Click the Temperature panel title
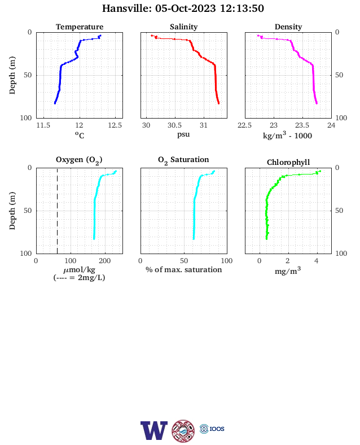click(80, 27)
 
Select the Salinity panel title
click(184, 27)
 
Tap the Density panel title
click(288, 27)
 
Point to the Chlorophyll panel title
click(288, 162)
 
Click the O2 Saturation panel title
click(183, 160)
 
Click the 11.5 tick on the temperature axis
click(43, 125)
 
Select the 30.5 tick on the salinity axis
click(174, 125)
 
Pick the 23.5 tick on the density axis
click(302, 125)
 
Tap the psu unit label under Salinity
click(183, 134)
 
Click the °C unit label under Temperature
click(80, 136)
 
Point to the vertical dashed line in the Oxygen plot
click(57, 211)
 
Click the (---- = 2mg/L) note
click(80, 277)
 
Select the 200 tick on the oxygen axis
click(105, 261)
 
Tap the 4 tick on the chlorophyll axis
click(317, 261)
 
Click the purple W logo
click(153, 430)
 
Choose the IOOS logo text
click(217, 429)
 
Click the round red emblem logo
click(183, 431)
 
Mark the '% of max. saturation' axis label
click(184, 269)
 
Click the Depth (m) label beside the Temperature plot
click(12, 75)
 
